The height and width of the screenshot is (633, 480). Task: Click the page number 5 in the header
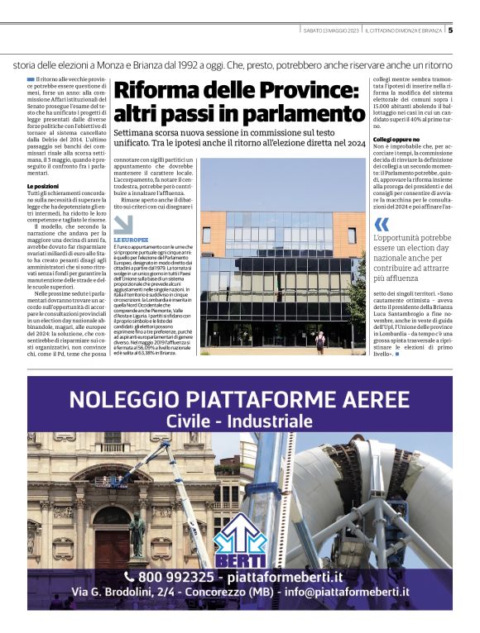click(450, 31)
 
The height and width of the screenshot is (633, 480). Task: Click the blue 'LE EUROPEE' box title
click(132, 240)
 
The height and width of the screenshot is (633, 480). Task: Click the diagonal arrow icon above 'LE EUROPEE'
click(122, 224)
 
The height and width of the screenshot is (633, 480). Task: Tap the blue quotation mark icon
click(382, 225)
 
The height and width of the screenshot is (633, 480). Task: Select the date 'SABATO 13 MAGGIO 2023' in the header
click(332, 31)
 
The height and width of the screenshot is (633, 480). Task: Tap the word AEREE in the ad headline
click(370, 401)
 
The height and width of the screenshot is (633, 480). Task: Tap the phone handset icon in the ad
click(129, 576)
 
